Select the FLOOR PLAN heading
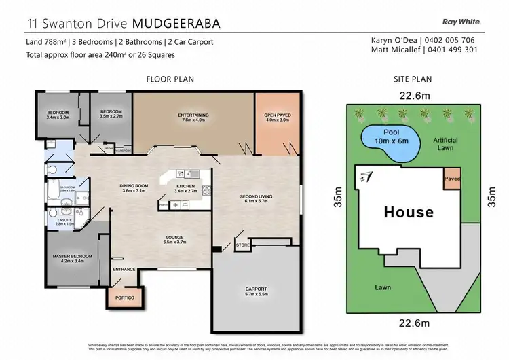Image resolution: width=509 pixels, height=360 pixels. click(170, 79)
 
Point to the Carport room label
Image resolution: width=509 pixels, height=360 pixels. click(257, 291)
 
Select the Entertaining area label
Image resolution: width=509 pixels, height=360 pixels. click(193, 115)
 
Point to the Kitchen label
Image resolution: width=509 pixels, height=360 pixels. click(186, 187)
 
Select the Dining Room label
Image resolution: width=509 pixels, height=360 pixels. click(134, 188)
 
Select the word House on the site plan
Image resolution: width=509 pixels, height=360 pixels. click(409, 211)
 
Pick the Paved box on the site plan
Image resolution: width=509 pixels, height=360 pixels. click(452, 179)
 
